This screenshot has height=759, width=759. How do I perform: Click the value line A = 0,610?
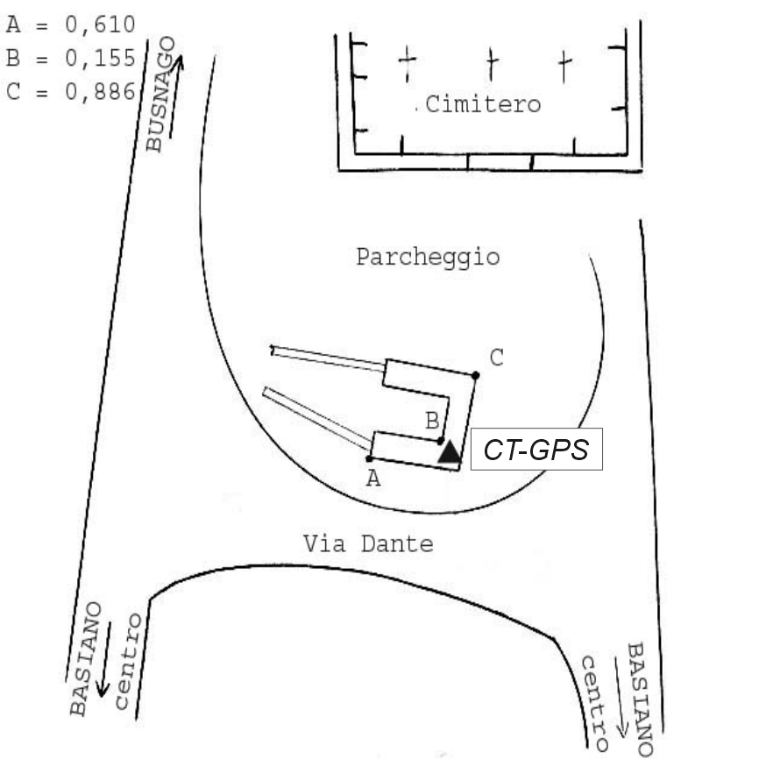point(70,23)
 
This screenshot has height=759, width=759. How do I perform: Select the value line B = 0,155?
point(70,58)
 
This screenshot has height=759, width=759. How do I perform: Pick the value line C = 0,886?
point(70,92)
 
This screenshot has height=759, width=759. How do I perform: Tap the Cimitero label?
point(483,105)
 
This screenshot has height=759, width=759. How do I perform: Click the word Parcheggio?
point(428,258)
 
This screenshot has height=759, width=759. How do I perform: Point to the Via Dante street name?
point(368,544)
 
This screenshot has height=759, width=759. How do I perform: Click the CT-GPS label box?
point(536,451)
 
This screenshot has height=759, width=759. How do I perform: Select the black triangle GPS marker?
point(449,452)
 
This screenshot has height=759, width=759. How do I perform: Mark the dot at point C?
point(475,375)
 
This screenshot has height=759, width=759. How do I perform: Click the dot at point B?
point(441,441)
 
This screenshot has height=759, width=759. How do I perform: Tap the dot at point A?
point(370,458)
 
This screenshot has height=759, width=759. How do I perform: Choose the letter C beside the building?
point(497,358)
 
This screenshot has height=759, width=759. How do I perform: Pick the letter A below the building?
point(374,479)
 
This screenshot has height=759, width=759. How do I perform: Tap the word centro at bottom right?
point(594,701)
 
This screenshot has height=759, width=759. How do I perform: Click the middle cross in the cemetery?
point(492,62)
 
